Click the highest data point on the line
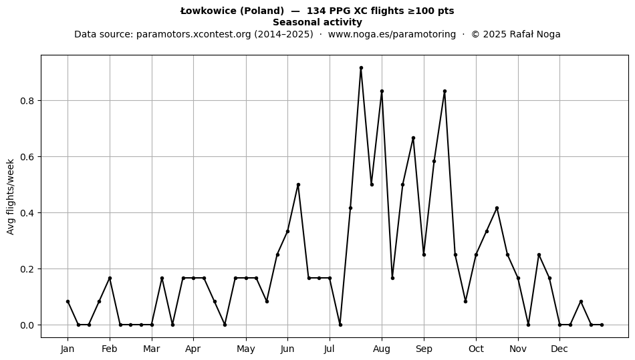tap(361, 68)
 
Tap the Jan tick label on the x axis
tap(68, 349)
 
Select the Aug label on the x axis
tap(382, 349)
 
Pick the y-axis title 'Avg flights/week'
tap(11, 196)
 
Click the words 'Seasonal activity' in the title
tap(317, 22)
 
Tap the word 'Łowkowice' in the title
tap(208, 11)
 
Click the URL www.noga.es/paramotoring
tap(392, 34)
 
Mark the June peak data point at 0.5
tap(298, 185)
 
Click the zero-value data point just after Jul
tap(340, 325)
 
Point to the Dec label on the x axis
tap(559, 349)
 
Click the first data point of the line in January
tap(68, 301)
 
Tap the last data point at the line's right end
tap(602, 325)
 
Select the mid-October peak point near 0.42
tap(497, 208)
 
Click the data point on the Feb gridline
tap(110, 278)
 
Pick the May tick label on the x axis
tap(246, 349)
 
